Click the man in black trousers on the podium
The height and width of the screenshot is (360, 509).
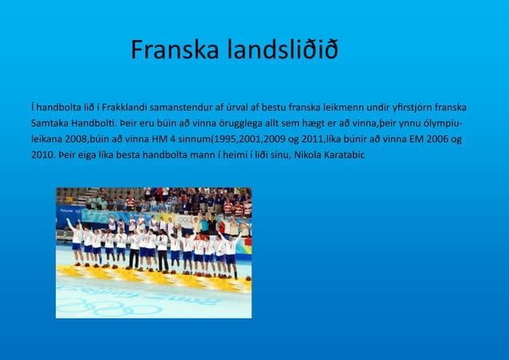[x=162, y=251]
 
